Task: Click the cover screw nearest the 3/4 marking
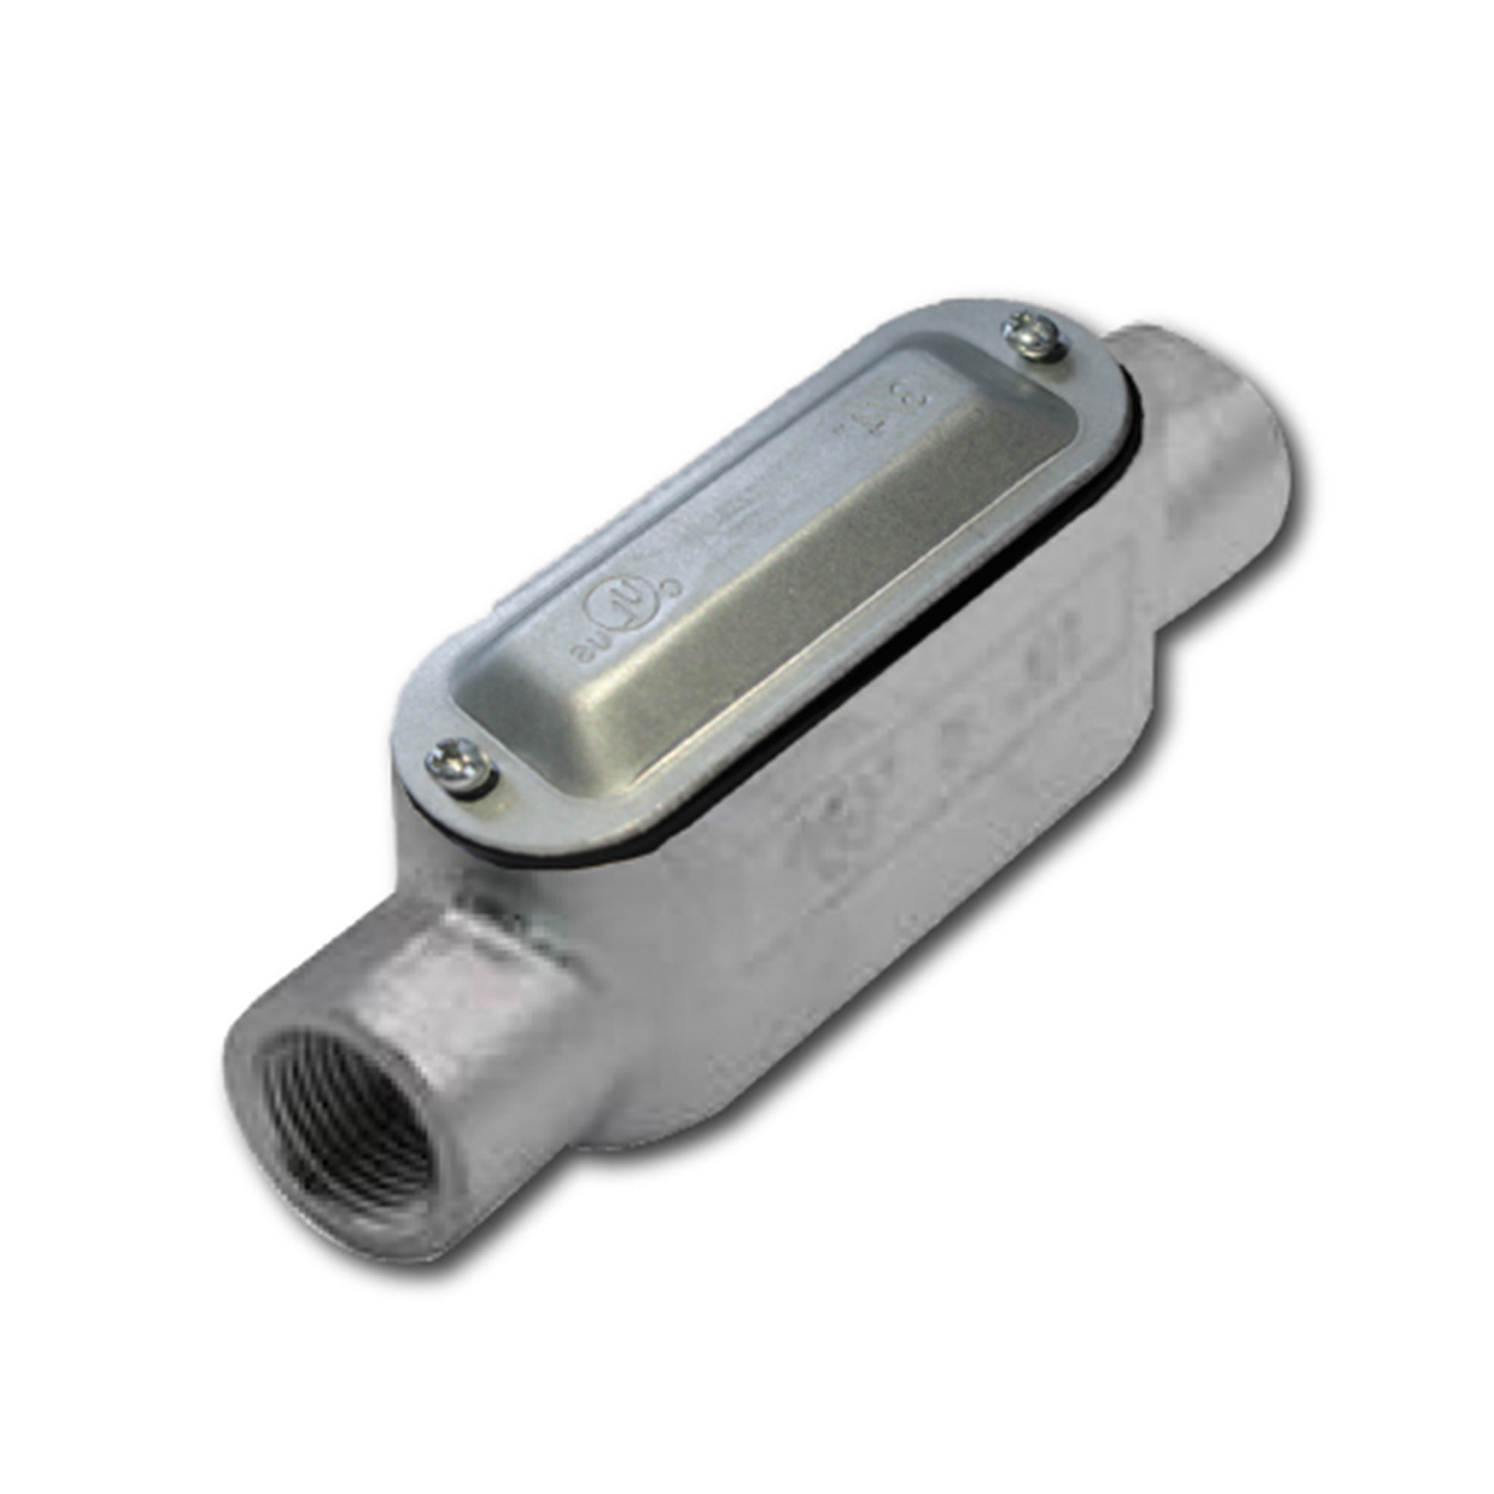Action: pos(1032,337)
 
